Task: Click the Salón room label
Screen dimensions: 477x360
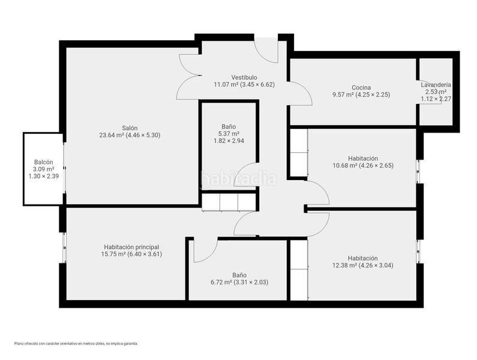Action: (x=130, y=128)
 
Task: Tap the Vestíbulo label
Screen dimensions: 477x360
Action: (x=244, y=77)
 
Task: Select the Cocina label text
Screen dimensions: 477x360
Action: (x=361, y=88)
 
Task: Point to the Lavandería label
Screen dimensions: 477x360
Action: (x=436, y=85)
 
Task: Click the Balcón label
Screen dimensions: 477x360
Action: (x=44, y=162)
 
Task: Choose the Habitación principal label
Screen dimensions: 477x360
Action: (x=131, y=247)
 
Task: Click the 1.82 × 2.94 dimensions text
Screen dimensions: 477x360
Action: (x=229, y=140)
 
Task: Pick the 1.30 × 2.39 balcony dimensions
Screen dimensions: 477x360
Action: (x=44, y=176)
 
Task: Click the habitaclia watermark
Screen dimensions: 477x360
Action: (x=239, y=179)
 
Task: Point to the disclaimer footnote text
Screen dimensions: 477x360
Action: (x=76, y=344)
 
